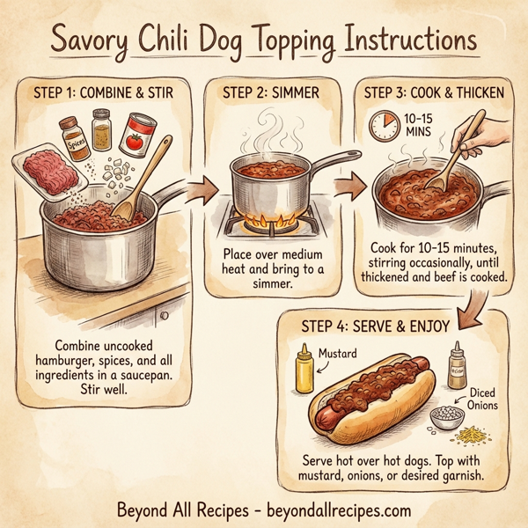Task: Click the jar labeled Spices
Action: (74, 137)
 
